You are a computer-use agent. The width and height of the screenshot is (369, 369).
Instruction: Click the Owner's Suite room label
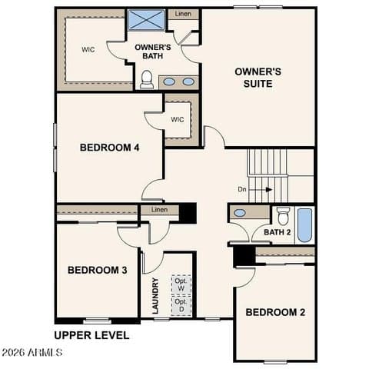[x=258, y=78]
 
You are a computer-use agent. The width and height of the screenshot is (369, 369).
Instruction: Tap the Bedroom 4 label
[x=110, y=148]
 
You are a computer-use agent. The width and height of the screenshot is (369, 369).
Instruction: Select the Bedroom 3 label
[x=98, y=270]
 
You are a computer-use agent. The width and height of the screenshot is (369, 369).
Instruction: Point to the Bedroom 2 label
[x=275, y=312]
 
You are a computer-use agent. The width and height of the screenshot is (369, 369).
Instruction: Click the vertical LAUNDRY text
[x=155, y=296]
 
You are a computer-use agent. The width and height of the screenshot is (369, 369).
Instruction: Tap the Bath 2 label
[x=278, y=232]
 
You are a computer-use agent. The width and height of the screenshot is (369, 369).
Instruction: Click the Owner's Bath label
[x=153, y=52]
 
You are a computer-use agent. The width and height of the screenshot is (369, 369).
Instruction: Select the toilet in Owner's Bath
[x=147, y=79]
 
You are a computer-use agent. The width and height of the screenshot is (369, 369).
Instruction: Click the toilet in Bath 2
[x=283, y=216]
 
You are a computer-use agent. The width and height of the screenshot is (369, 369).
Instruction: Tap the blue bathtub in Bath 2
[x=305, y=225]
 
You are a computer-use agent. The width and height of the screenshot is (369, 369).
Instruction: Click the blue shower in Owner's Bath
[x=146, y=20]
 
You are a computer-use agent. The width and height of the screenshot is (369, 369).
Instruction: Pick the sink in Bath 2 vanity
[x=240, y=213]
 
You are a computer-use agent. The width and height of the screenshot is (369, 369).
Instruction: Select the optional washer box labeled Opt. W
[x=181, y=284]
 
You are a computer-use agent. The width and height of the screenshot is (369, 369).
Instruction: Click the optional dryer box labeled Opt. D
[x=181, y=305]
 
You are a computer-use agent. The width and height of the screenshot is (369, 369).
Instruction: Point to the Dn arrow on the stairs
[x=261, y=190]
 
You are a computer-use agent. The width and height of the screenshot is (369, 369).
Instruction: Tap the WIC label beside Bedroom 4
[x=178, y=119]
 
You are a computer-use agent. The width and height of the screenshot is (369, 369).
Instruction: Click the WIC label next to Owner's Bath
[x=88, y=49]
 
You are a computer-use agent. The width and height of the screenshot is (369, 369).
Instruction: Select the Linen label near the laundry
[x=159, y=210]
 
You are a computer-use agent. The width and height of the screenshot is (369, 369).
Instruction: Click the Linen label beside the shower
[x=183, y=14]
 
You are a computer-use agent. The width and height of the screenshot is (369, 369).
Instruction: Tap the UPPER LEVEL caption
[x=91, y=335]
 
